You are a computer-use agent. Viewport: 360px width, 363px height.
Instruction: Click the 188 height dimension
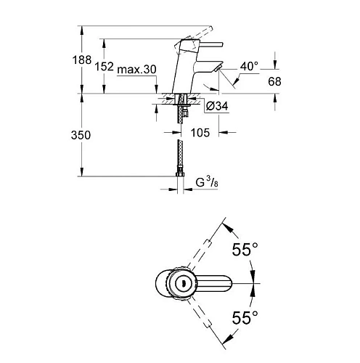(82, 60)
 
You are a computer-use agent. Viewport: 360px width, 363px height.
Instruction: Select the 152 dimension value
(104, 66)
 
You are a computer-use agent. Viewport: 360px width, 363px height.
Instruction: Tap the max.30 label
(136, 70)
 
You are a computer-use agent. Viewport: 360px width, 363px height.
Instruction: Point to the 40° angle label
(249, 66)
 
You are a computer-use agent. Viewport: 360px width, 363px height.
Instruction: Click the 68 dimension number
(274, 81)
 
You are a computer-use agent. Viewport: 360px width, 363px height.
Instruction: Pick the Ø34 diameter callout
(217, 106)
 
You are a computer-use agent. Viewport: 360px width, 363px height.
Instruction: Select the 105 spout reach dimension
(200, 133)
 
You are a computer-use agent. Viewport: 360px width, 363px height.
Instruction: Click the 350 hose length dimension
(81, 135)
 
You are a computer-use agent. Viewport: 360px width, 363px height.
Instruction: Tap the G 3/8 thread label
(207, 182)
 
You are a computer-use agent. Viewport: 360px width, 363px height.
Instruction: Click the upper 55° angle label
(245, 249)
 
